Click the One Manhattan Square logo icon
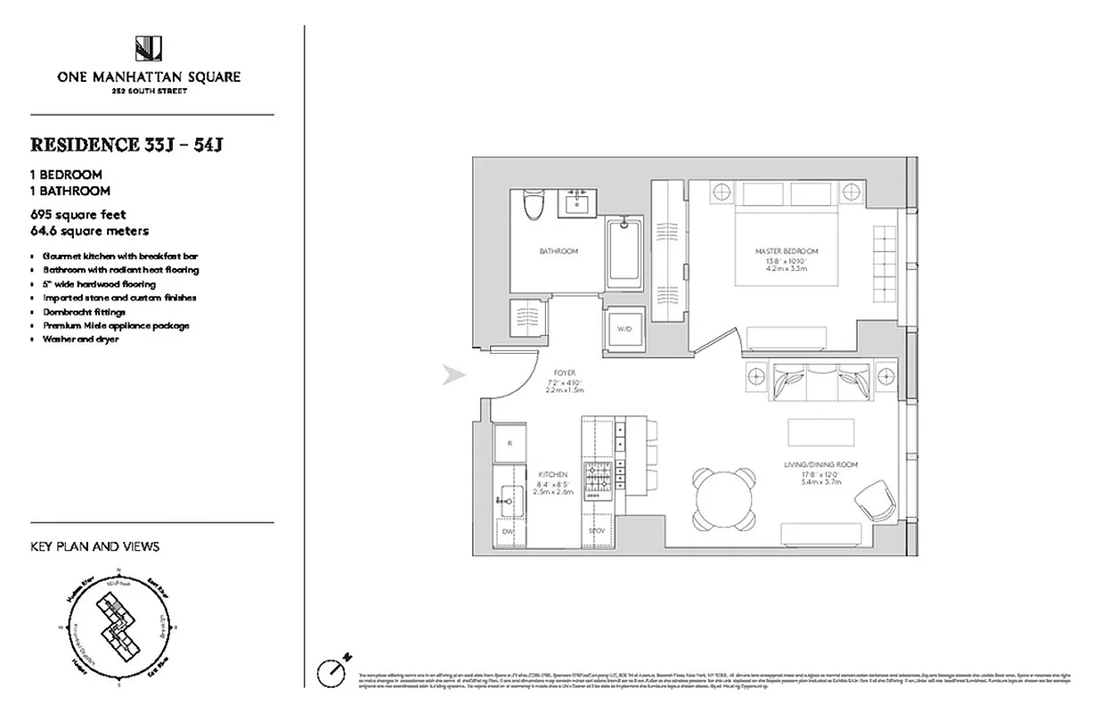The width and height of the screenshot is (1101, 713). coord(149,48)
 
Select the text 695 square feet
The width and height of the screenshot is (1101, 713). coord(78,215)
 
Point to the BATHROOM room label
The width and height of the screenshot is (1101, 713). coord(559,252)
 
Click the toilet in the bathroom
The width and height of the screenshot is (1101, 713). coord(533,206)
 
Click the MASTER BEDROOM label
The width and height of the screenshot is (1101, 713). coord(785,252)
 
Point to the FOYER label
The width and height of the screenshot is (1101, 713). coord(563,373)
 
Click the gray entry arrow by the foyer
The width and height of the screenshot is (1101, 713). coord(455,376)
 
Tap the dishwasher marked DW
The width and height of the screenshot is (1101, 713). coord(508,532)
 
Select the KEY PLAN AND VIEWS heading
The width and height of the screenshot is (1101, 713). coord(94,547)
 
